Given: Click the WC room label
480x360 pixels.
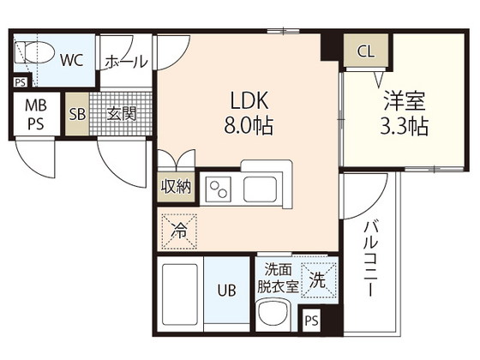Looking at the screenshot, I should (x=71, y=60).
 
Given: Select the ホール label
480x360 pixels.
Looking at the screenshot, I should (x=126, y=62).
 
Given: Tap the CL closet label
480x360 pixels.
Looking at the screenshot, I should (x=366, y=51).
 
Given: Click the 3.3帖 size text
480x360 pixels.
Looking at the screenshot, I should (x=405, y=127).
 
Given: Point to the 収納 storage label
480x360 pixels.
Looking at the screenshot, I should (x=176, y=186).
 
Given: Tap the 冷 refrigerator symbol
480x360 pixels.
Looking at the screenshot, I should (x=179, y=229).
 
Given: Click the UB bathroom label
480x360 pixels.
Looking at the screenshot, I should (x=225, y=291).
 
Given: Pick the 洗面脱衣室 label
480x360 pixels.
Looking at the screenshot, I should (x=279, y=277).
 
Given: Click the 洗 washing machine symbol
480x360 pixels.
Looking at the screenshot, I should (x=316, y=278).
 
